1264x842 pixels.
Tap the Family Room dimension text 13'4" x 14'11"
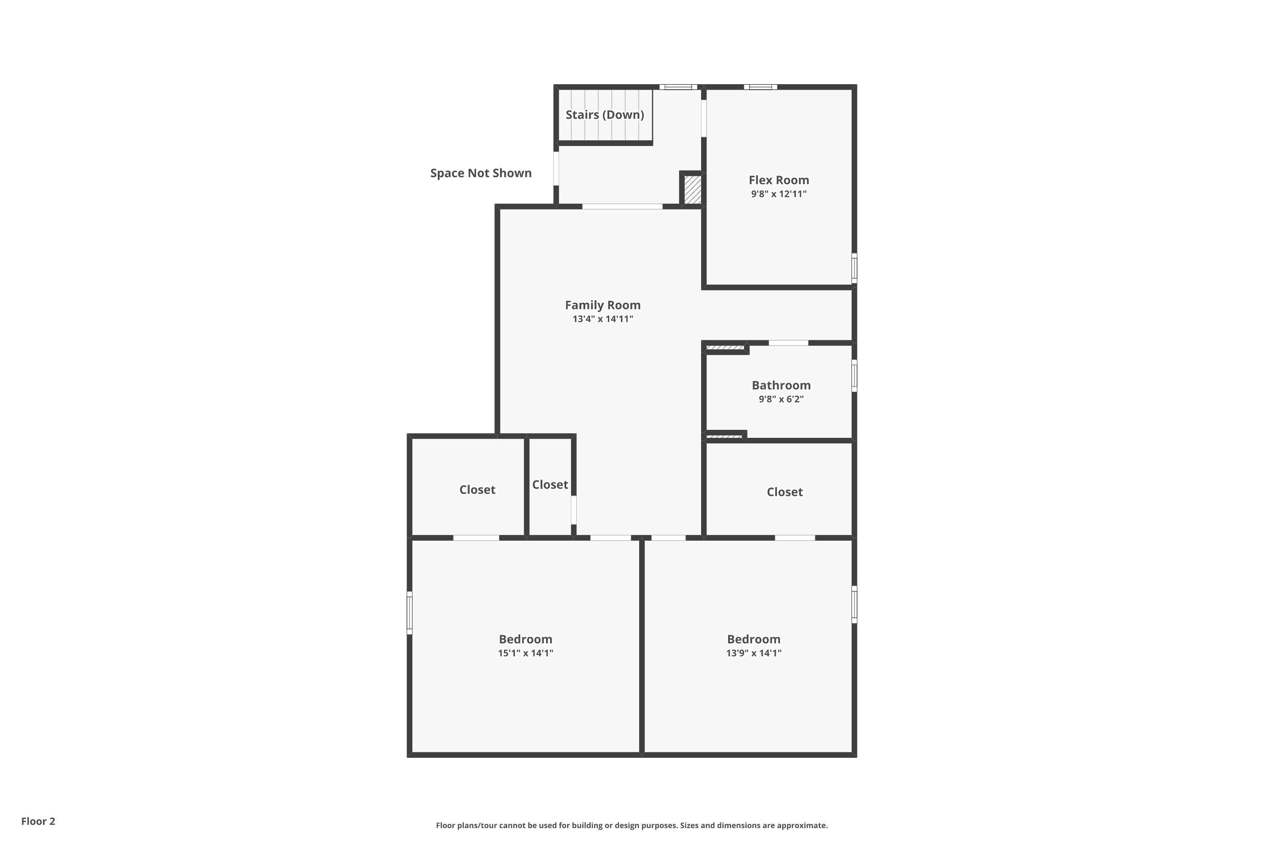[x=603, y=319]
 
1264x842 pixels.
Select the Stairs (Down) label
[x=605, y=115]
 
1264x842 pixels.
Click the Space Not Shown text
[x=480, y=173]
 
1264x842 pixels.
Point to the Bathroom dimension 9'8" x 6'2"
[x=781, y=399]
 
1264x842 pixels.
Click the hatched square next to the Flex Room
[x=692, y=189]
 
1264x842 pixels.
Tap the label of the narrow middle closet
[x=550, y=485]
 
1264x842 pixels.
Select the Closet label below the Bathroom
[x=784, y=492]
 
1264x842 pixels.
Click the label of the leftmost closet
[x=477, y=490]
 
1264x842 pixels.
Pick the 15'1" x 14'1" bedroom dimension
[x=525, y=653]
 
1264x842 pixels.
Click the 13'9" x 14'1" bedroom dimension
[x=753, y=653]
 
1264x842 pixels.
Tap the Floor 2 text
[x=38, y=821]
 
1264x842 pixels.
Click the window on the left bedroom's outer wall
[x=410, y=613]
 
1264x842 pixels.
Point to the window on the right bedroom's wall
[x=854, y=604]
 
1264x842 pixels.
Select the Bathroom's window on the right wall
[x=854, y=376]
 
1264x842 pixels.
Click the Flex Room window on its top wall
[x=761, y=87]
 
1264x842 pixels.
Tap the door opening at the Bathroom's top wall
[x=788, y=343]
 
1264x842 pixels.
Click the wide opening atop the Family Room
[x=622, y=206]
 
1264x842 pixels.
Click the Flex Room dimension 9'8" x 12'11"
[x=779, y=194]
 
